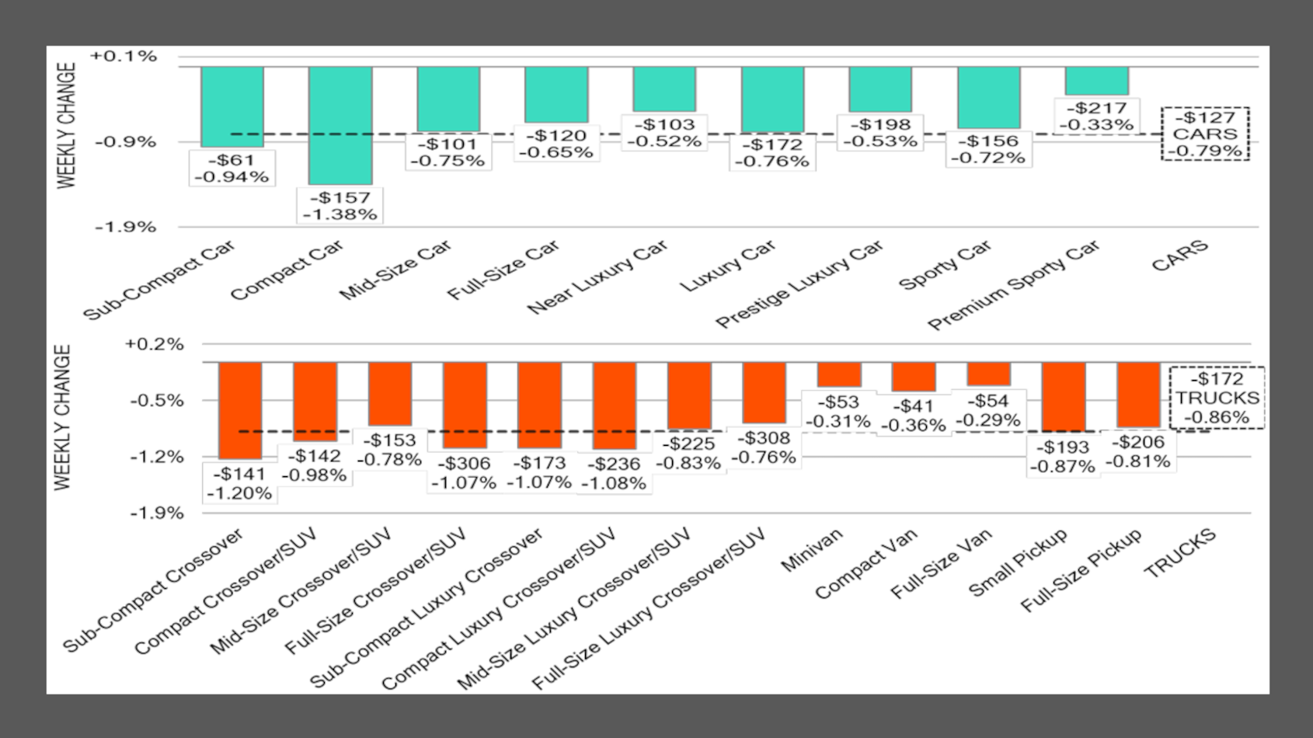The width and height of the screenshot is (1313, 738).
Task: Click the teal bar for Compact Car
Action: (x=340, y=124)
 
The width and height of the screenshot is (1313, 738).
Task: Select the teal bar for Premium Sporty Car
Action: (x=1096, y=81)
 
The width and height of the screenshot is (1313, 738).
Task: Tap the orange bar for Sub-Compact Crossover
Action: (x=239, y=410)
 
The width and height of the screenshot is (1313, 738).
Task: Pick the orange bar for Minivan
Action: (x=839, y=374)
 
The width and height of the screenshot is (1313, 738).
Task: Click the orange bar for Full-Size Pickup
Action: (x=1138, y=395)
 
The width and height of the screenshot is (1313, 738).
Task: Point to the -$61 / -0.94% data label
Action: (x=232, y=169)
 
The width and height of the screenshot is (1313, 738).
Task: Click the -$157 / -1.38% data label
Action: (x=340, y=206)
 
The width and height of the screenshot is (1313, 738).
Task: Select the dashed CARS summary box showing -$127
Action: (x=1205, y=134)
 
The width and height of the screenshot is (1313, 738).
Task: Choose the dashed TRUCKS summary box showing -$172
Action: (x=1217, y=398)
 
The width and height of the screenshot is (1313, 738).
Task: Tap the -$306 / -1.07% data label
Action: (x=464, y=472)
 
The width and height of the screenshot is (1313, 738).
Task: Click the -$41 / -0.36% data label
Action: (x=913, y=416)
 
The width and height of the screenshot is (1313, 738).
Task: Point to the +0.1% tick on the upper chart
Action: (x=124, y=56)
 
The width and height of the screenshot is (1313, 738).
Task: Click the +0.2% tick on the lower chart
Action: (x=154, y=344)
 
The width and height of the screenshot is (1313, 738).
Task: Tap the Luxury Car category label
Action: (x=728, y=266)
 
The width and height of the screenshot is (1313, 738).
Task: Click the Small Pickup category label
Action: (x=1018, y=562)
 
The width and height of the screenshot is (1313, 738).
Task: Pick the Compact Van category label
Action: (x=866, y=563)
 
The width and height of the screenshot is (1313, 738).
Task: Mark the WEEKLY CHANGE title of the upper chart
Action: (x=67, y=126)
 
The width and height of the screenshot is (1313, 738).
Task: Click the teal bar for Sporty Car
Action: (x=988, y=97)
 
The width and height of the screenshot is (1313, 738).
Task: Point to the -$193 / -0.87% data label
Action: (x=1062, y=457)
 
